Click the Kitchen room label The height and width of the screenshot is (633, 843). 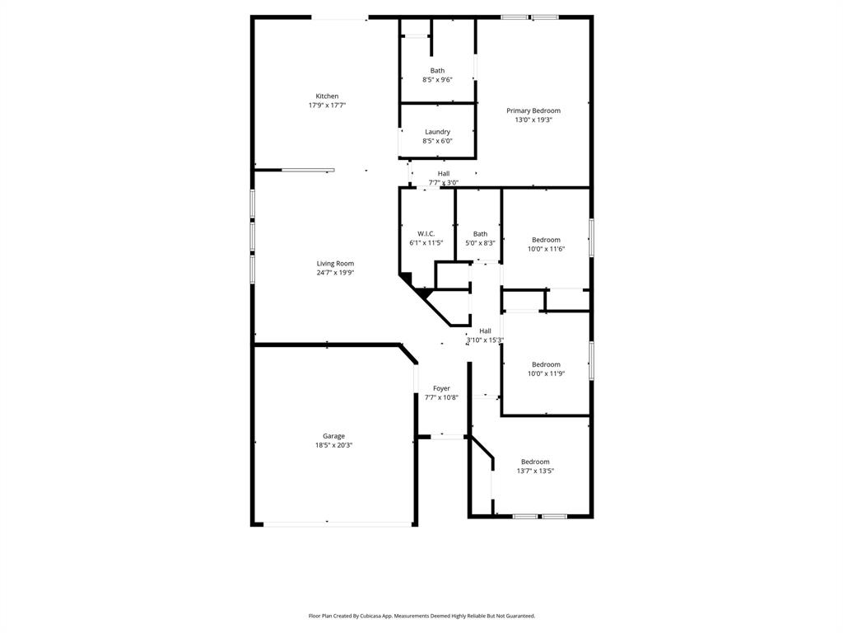327,96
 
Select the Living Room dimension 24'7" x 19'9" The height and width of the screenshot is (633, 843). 335,273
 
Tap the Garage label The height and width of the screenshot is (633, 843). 333,436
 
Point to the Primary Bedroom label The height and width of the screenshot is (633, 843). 533,110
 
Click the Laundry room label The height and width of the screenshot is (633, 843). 437,132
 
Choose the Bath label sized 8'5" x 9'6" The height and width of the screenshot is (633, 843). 437,71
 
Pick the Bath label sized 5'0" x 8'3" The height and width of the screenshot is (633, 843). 480,234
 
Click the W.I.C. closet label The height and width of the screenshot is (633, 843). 426,234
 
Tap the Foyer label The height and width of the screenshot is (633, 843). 441,388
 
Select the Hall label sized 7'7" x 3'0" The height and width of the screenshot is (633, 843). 444,174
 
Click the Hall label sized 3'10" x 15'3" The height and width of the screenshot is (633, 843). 485,331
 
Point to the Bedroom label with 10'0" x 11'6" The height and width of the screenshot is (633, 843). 546,240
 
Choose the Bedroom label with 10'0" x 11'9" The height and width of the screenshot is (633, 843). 546,364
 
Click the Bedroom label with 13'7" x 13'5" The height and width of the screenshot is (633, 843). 535,462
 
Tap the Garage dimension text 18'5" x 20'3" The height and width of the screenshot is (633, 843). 333,445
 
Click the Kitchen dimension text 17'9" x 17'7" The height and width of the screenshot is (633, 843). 327,105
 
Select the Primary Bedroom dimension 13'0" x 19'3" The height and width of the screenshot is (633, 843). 533,120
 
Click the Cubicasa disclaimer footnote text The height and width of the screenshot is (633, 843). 421,616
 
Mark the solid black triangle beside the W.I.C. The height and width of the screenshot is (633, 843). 422,293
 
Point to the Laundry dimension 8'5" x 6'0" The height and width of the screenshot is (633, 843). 437,141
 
